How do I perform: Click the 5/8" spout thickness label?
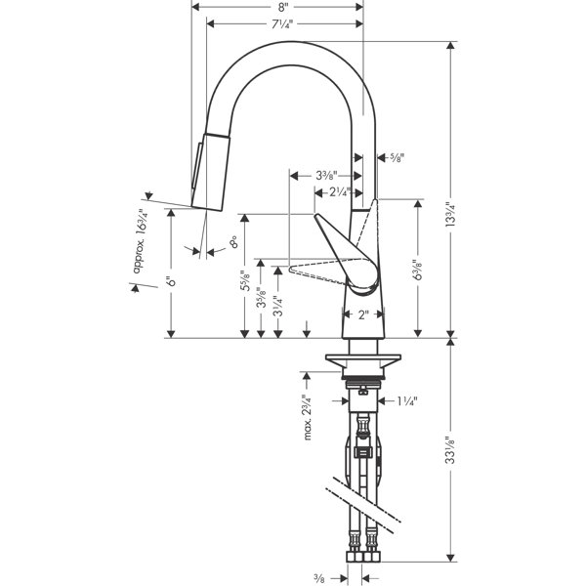point(397,156)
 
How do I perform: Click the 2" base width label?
point(362,314)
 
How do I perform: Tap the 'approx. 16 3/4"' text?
point(143,234)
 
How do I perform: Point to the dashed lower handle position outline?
point(317,268)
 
